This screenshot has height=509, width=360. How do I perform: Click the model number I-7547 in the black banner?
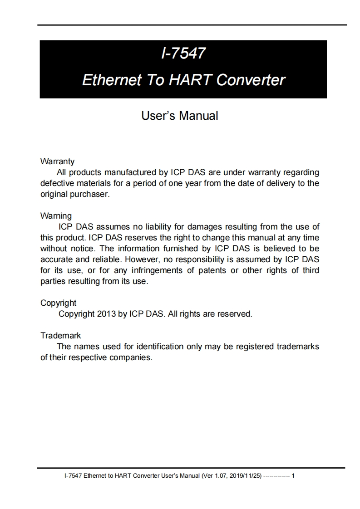point(183,54)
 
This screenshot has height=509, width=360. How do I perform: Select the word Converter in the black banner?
point(251,80)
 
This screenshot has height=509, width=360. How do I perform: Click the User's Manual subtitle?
point(180,116)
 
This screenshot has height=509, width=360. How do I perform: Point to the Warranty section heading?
point(57,162)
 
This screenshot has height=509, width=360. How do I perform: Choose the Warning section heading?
point(56,215)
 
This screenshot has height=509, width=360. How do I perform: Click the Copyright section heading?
point(59,303)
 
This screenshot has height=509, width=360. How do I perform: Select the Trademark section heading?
point(60,336)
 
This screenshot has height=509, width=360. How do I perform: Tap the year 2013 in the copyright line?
point(106,313)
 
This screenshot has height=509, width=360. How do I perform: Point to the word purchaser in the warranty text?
point(88,194)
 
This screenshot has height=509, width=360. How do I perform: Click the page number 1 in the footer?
point(293,476)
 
